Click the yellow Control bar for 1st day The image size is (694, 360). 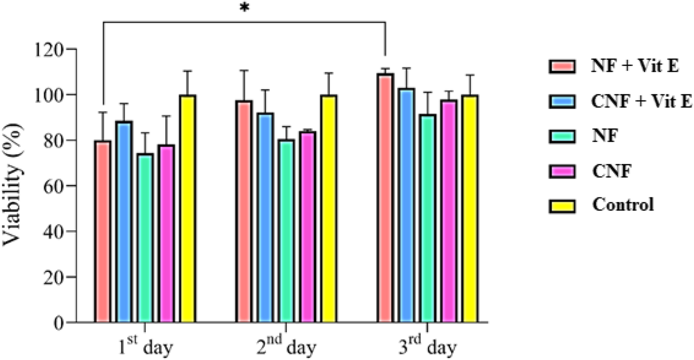click(x=188, y=208)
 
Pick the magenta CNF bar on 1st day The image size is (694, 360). click(x=167, y=233)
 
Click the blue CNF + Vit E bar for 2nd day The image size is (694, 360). click(x=266, y=217)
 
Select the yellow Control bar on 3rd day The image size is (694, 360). click(x=470, y=208)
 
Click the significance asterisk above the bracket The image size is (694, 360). click(x=244, y=10)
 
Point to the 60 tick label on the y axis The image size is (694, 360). click(x=56, y=186)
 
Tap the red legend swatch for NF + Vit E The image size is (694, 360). click(x=561, y=66)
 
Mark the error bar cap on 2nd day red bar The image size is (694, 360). click(x=244, y=70)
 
